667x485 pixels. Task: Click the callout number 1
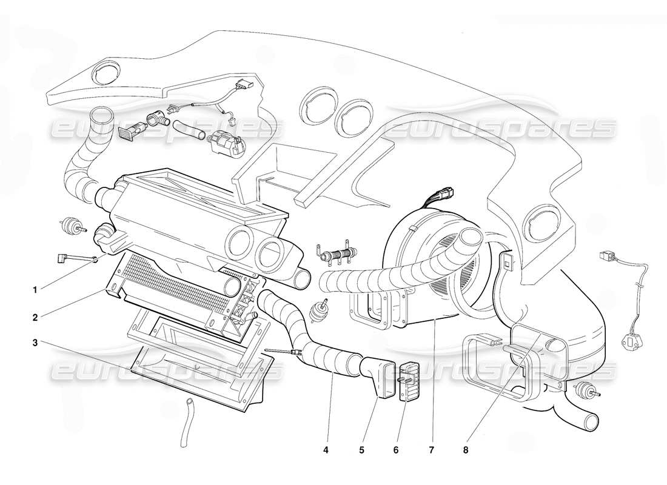tap(35, 290)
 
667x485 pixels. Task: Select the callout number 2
tap(35, 316)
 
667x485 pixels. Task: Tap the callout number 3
tap(35, 343)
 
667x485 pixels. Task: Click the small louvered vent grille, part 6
tap(407, 381)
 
